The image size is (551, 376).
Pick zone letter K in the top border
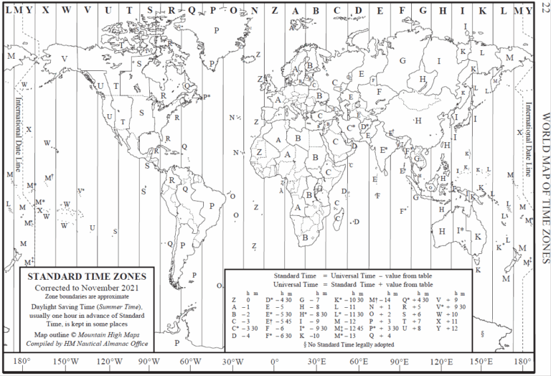coord(482,9)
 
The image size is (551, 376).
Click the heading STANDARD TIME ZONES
coord(85,276)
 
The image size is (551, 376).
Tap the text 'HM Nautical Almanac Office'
coord(105,344)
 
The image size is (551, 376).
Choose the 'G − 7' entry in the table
coord(307,300)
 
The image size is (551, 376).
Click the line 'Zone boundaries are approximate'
coord(85,296)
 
